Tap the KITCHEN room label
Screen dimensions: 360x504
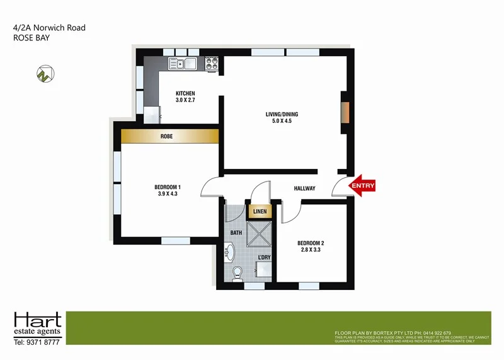point(185,97)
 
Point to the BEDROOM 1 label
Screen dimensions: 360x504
point(168,190)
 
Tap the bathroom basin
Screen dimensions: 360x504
point(229,254)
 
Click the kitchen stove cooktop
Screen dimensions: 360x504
point(211,63)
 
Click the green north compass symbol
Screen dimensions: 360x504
point(43,74)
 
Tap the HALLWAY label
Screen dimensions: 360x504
point(304,189)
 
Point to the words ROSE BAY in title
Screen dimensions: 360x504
point(31,38)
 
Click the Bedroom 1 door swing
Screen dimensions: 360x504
point(210,185)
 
